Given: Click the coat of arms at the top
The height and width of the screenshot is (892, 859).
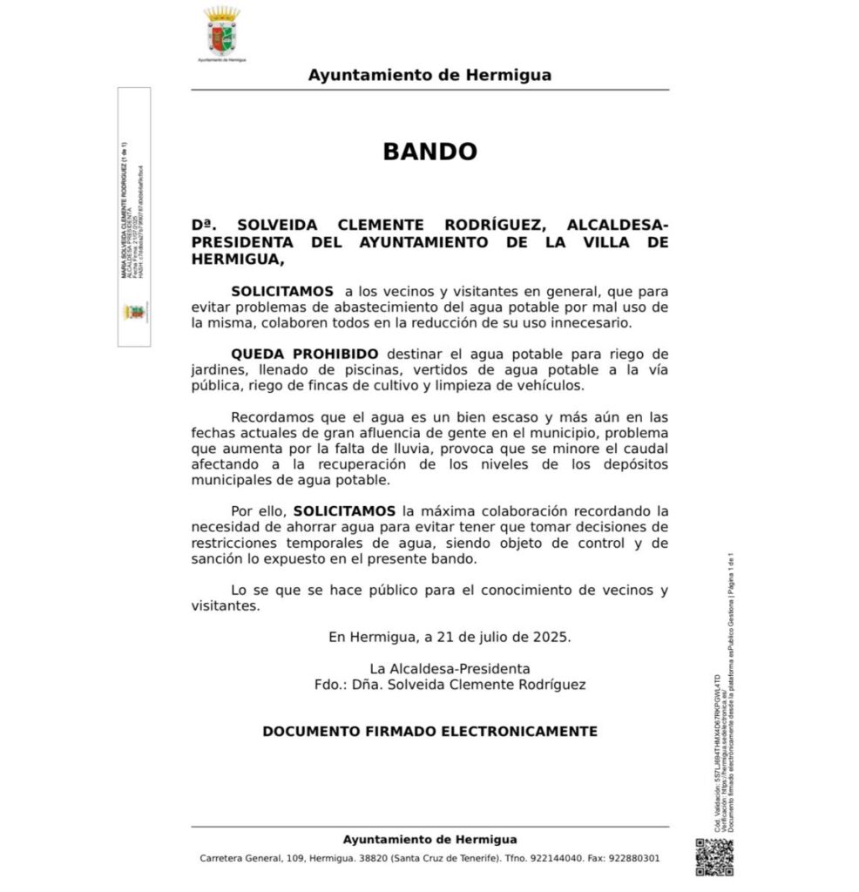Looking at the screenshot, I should tap(222, 32).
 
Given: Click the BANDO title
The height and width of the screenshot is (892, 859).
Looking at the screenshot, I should tap(429, 152).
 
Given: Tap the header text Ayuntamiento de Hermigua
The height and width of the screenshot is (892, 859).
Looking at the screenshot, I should tap(429, 75).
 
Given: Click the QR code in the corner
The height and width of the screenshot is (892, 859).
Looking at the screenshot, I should tap(714, 856).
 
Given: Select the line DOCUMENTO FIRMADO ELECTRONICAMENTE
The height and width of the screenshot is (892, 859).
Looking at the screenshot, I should tap(429, 732).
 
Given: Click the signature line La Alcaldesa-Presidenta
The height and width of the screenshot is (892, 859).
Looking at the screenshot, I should tap(462, 668).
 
